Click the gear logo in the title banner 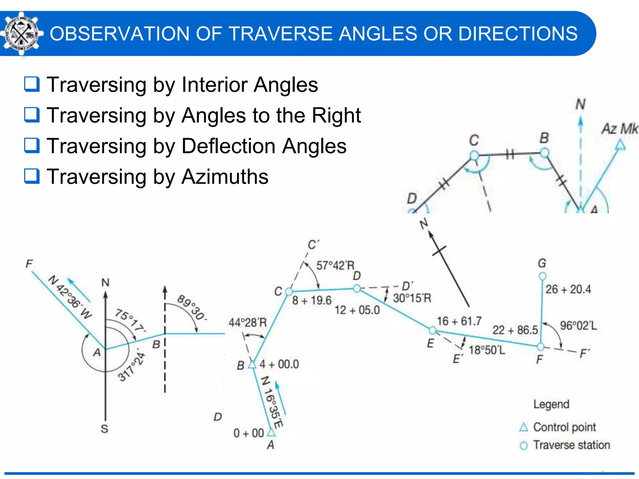point(21,34)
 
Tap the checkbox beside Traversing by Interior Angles point(32,84)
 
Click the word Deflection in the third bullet point(228,146)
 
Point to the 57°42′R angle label point(335,266)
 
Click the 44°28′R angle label point(248,322)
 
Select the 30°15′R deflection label point(412,298)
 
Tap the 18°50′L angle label point(487,350)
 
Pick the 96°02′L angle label point(578,326)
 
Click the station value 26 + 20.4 point(568,289)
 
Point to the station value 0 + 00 point(249,433)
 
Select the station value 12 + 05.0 point(357,310)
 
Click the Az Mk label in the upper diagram point(620,129)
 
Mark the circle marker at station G point(543,276)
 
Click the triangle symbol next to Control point point(524,427)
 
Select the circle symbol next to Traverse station point(524,446)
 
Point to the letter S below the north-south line point(105,429)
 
